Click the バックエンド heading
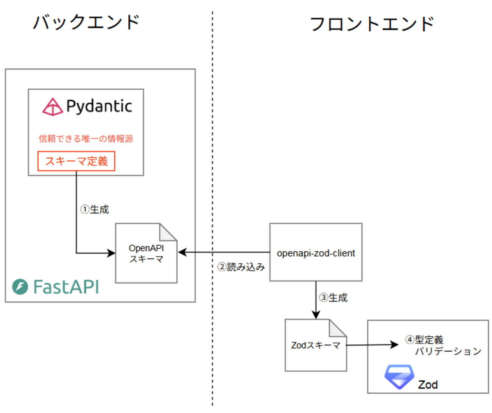[86, 22]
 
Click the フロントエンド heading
[371, 24]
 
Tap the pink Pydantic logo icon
[52, 107]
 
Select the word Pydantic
[99, 106]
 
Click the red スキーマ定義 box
[76, 161]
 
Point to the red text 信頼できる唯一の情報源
[86, 139]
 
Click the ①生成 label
[95, 209]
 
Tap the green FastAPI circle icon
[20, 287]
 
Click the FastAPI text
[66, 287]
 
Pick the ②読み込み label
[241, 267]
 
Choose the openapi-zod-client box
[316, 252]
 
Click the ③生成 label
[333, 298]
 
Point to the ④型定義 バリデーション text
[443, 346]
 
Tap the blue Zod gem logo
[399, 377]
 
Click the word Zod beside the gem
[428, 385]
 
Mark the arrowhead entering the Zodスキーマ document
[316, 315]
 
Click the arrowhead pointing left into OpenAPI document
[182, 252]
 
